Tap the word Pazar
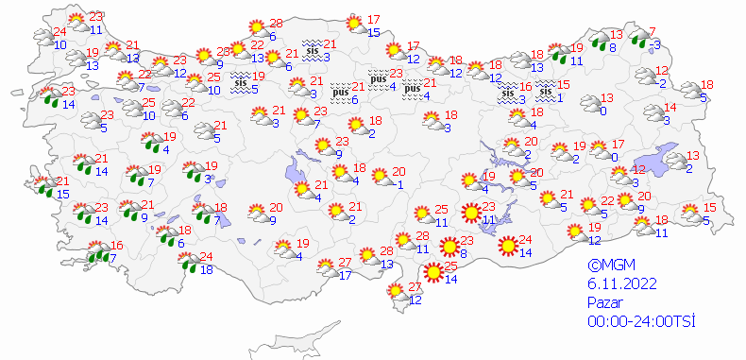605,302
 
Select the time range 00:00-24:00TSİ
640,321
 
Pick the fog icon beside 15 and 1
546,91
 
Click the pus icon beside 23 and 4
378,79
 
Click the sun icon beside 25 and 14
433,273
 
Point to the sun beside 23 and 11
470,213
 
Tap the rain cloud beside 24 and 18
189,262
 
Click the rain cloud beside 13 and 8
599,39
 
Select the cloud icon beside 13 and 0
589,104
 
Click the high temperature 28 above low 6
276,24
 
